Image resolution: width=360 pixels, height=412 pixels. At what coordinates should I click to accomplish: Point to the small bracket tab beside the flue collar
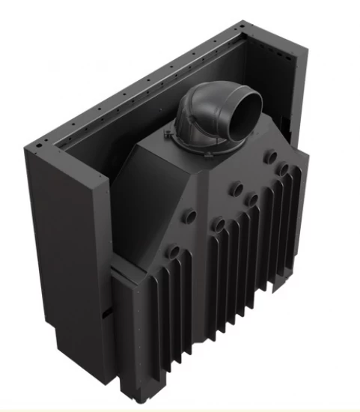(165, 132)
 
